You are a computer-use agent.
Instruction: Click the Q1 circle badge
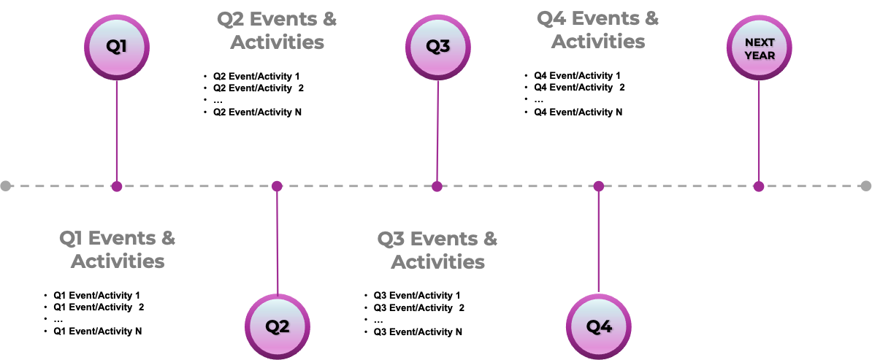[x=117, y=47]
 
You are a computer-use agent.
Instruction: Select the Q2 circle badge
[x=278, y=326]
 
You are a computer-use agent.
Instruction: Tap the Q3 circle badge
[x=438, y=47]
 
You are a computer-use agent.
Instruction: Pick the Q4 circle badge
[x=599, y=326]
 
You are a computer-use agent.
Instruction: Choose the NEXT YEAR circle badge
[x=760, y=48]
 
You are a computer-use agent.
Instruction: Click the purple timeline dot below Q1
[x=117, y=186]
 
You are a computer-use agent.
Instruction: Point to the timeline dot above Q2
[x=277, y=186]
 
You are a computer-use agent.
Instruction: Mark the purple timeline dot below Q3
[x=437, y=186]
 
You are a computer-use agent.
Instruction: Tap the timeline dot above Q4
[x=599, y=186]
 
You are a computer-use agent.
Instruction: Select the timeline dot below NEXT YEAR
[x=759, y=186]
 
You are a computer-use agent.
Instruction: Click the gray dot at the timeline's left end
[x=6, y=186]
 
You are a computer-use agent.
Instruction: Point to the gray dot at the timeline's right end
[x=866, y=185]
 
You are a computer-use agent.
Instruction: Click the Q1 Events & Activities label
[x=117, y=249]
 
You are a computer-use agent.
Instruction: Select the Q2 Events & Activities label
[x=278, y=30]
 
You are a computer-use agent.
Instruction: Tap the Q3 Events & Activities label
[x=437, y=249]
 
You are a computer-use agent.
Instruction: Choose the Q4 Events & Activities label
[x=598, y=30]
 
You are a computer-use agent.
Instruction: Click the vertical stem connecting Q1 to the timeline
[x=117, y=131]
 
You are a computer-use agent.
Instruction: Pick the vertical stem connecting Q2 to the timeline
[x=278, y=241]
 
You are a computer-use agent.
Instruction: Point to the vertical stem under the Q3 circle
[x=437, y=131]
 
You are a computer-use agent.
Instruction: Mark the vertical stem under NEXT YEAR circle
[x=759, y=131]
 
